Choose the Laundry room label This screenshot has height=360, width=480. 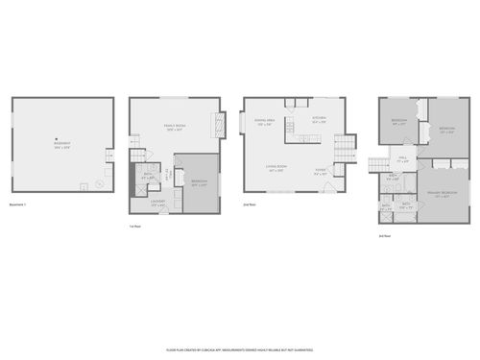click(157, 203)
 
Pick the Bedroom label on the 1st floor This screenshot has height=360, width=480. click(199, 183)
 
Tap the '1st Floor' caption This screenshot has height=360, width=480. click(136, 227)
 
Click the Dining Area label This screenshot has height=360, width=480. click(263, 122)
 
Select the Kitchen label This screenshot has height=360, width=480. click(319, 120)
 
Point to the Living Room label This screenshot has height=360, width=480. click(278, 168)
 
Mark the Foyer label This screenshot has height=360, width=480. click(321, 174)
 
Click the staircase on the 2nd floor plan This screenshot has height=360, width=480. click(344, 149)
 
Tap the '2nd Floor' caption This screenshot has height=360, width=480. click(250, 204)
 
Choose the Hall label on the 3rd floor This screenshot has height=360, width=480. click(404, 160)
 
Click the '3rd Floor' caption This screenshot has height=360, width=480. click(384, 235)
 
